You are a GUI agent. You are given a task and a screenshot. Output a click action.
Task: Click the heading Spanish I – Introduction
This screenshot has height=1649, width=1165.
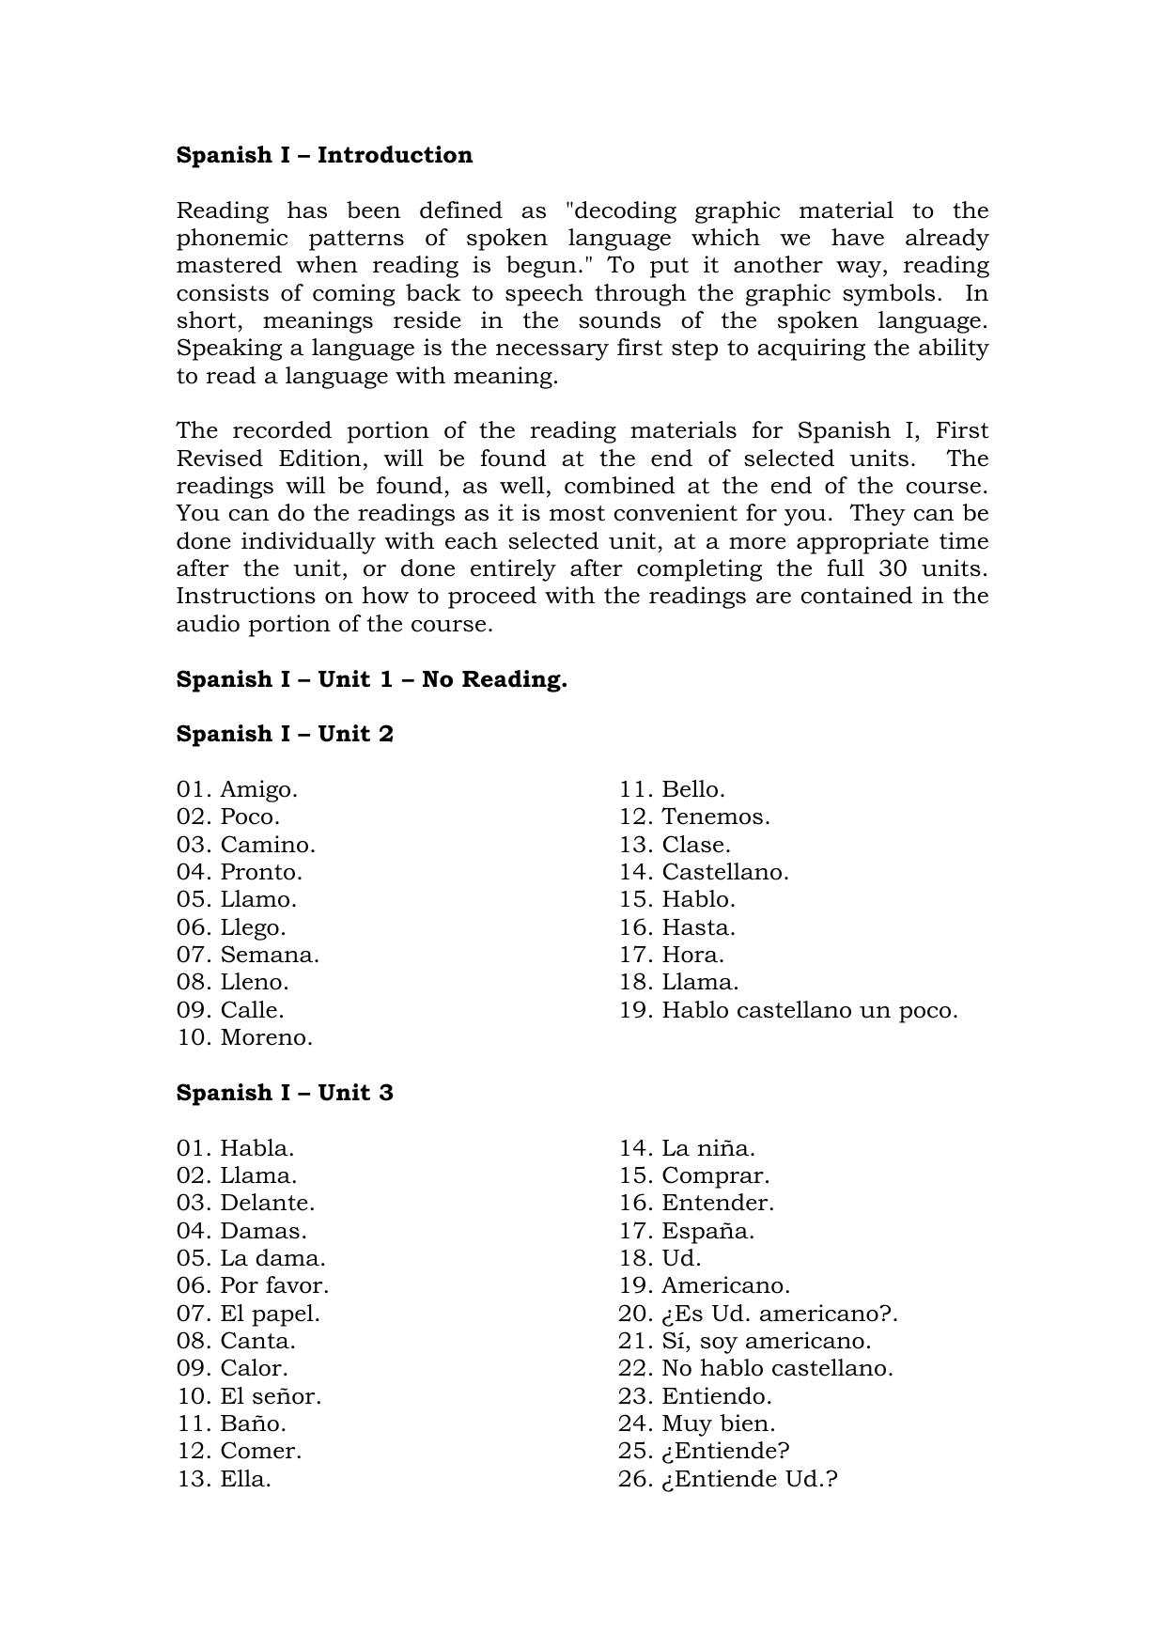[x=324, y=155]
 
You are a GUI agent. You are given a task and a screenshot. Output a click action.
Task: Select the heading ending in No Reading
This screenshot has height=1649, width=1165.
[x=371, y=679]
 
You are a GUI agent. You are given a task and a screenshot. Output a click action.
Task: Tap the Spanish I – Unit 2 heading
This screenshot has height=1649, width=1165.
[x=285, y=734]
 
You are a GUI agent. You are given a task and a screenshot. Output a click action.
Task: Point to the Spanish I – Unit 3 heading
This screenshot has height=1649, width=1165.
[x=285, y=1093]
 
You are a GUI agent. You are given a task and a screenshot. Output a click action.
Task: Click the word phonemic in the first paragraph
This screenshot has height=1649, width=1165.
[x=229, y=239]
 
